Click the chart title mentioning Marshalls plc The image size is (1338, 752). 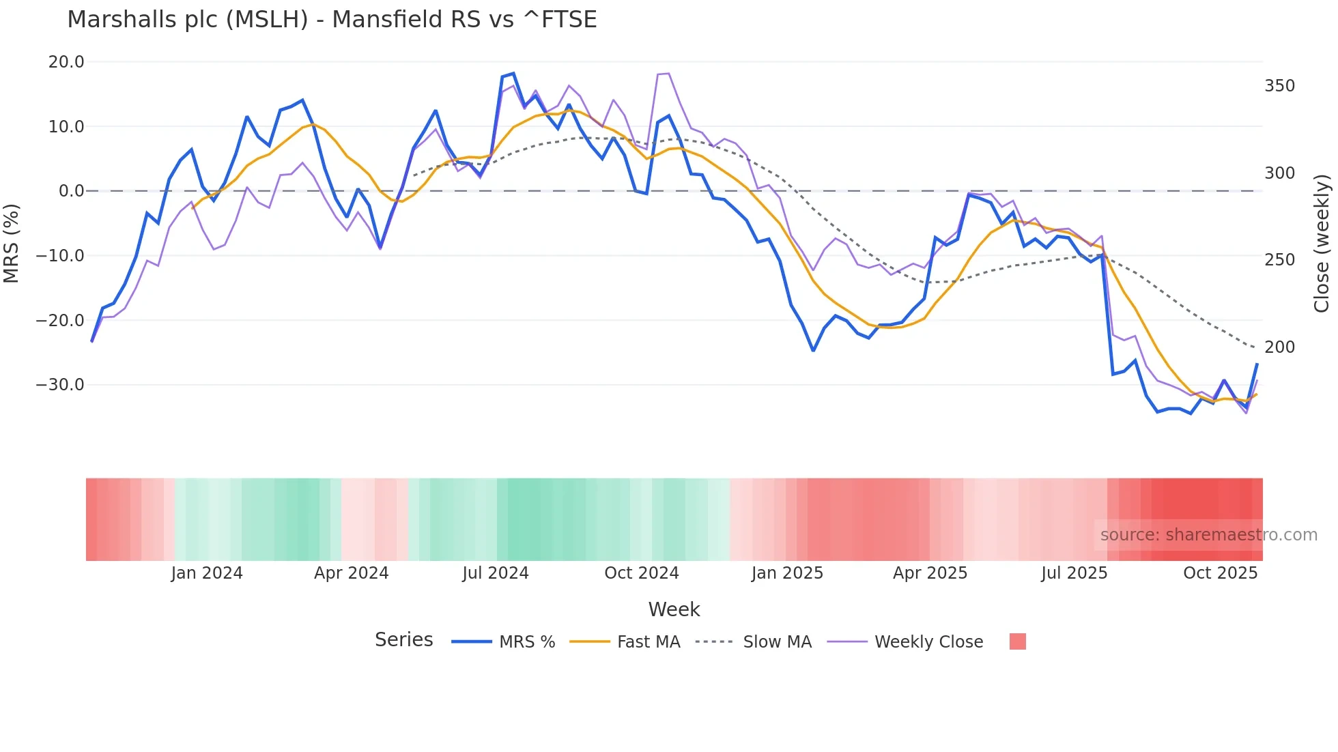pyautogui.click(x=332, y=20)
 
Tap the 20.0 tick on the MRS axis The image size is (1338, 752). pyautogui.click(x=66, y=62)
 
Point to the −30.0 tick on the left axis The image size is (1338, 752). pyautogui.click(x=60, y=385)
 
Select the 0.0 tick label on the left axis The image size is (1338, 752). pyautogui.click(x=71, y=191)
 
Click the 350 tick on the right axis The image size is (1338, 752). pyautogui.click(x=1279, y=86)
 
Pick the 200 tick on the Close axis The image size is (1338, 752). pyautogui.click(x=1279, y=347)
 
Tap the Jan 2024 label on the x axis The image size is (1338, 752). pyautogui.click(x=207, y=573)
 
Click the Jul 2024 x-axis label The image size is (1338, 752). pyautogui.click(x=496, y=573)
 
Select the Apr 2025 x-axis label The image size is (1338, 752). pyautogui.click(x=930, y=573)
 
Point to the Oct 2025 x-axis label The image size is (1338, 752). pyautogui.click(x=1220, y=573)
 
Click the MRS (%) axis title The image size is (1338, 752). pyautogui.click(x=12, y=243)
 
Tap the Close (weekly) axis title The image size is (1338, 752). pyautogui.click(x=1322, y=244)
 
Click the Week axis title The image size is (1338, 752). pyautogui.click(x=674, y=609)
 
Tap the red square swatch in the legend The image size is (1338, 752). pyautogui.click(x=1017, y=641)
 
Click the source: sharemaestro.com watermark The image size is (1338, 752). pyautogui.click(x=1208, y=535)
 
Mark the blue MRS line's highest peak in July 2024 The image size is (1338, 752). pyautogui.click(x=513, y=73)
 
